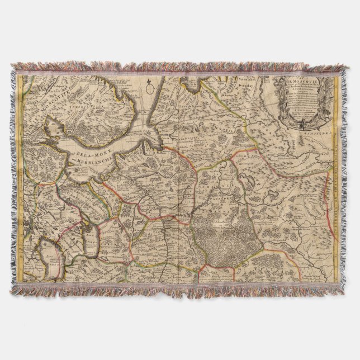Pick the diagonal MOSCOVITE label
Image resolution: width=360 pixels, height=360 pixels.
pyautogui.click(x=59, y=110)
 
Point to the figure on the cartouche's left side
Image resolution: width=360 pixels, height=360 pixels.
pyautogui.click(x=278, y=95)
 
